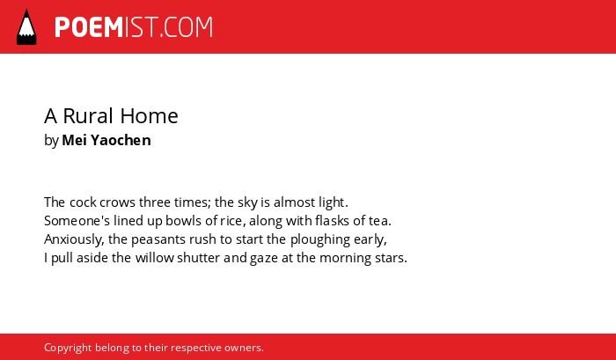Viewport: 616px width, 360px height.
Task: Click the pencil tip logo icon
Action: tap(26, 27)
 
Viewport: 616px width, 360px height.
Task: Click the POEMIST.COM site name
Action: tap(134, 27)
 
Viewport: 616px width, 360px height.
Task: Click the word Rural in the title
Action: tap(88, 116)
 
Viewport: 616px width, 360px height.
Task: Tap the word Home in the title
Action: tap(149, 116)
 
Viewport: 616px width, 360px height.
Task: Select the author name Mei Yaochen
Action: tap(106, 140)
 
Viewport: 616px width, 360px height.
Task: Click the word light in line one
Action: tap(332, 203)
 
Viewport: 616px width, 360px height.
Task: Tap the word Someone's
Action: tap(77, 221)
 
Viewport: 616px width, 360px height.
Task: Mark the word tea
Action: tap(379, 221)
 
